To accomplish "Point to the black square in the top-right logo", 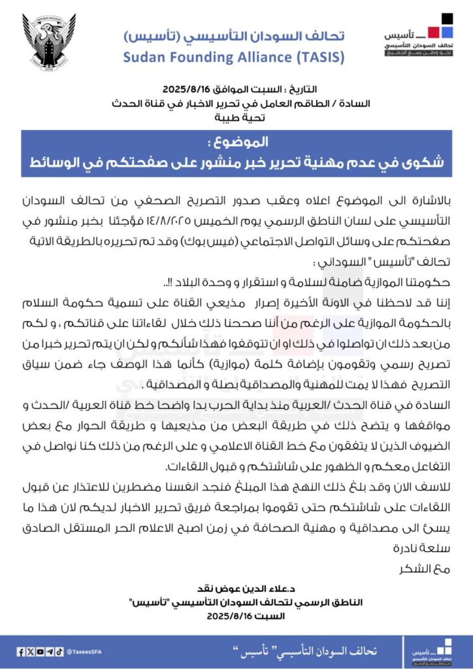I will coord(446,19).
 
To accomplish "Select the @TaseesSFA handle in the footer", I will coord(82,651).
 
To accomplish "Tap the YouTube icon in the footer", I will coord(41,651).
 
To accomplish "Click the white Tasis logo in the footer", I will coord(434,651).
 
